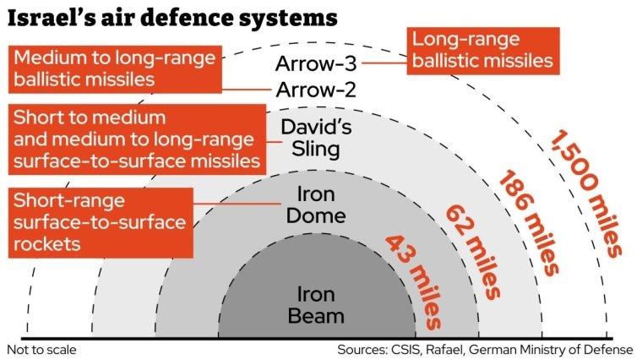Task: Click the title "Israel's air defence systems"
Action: coord(172,18)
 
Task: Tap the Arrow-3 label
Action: coord(316,63)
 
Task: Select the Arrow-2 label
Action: coord(316,90)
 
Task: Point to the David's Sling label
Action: coord(316,138)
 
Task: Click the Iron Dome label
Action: coord(316,205)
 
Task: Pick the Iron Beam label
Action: coord(316,305)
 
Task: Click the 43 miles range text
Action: coord(414,281)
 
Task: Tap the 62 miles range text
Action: coord(473,252)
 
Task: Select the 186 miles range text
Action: coord(528,222)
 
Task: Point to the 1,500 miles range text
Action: coord(585,194)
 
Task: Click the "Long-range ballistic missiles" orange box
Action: coord(483,51)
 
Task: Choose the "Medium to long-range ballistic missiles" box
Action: coord(115,69)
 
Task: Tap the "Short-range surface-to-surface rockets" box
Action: coord(101,223)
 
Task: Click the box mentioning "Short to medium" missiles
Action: coord(137,139)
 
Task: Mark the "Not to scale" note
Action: coord(41,350)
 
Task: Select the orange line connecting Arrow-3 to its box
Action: coord(384,63)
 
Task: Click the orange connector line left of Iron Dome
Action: coord(237,204)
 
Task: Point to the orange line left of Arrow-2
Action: coord(247,90)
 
